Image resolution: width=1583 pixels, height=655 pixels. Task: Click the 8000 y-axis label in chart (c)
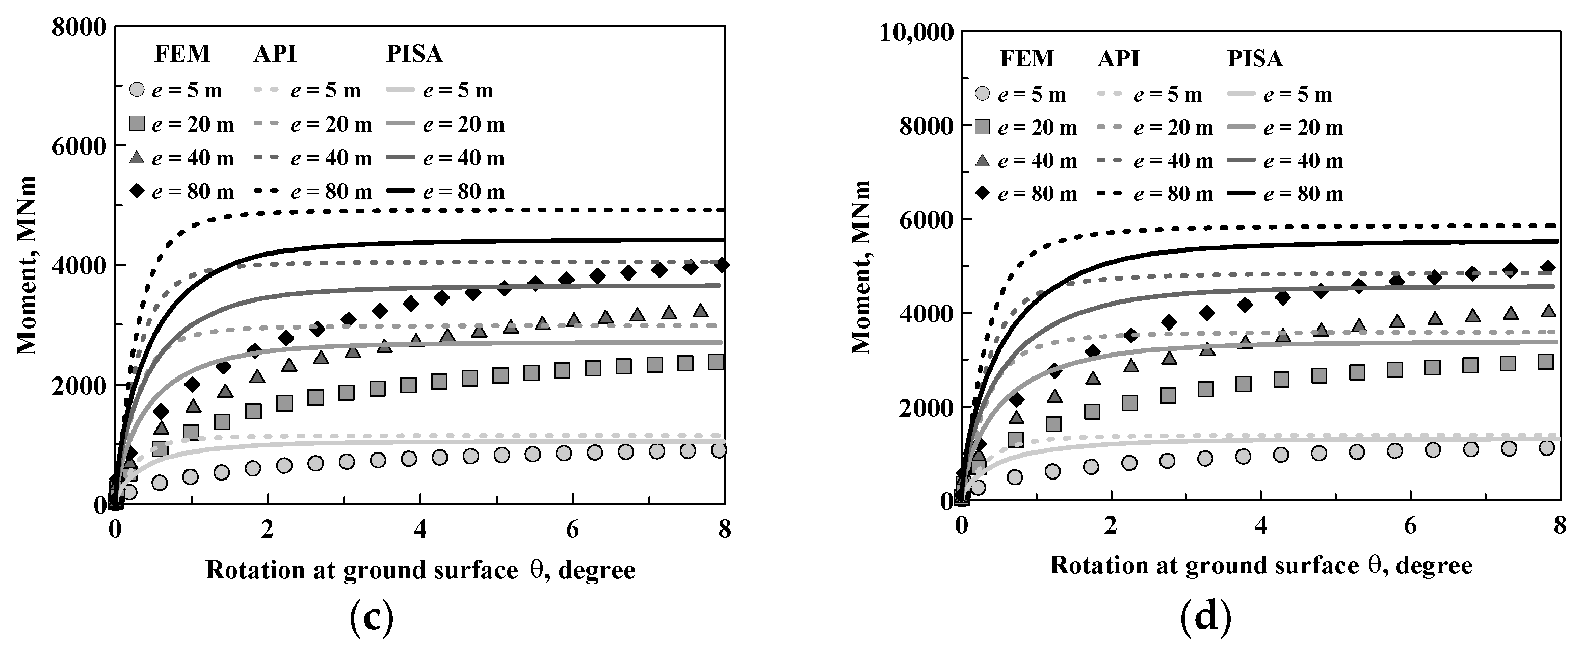[78, 28]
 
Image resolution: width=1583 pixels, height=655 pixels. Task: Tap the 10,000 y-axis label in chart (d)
[916, 32]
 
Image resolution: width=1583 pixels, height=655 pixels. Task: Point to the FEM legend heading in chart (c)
[182, 54]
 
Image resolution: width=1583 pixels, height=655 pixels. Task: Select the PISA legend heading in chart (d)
[1254, 59]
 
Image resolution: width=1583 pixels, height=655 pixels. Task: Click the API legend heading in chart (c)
[275, 54]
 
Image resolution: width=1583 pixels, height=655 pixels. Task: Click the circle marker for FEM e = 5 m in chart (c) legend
[137, 90]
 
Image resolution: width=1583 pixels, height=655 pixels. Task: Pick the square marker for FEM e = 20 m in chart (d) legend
[983, 128]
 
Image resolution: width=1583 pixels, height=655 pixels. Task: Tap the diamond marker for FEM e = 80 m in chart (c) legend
[137, 192]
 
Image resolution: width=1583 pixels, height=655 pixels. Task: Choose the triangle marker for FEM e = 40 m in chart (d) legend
[983, 161]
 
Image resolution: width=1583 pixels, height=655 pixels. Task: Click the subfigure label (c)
[371, 619]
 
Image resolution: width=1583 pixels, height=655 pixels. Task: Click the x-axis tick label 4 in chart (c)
[420, 530]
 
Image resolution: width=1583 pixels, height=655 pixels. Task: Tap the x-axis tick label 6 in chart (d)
[1410, 526]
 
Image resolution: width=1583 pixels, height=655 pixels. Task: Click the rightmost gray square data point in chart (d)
[1545, 362]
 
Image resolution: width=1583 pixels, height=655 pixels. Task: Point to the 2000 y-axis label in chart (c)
[78, 386]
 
